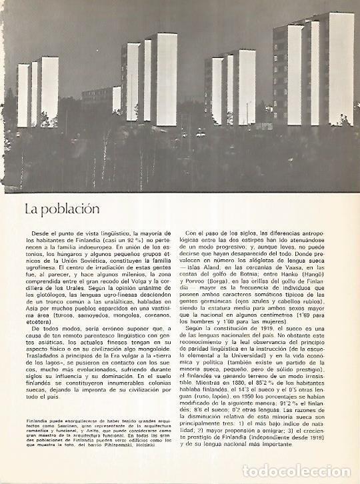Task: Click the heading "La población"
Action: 62,208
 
